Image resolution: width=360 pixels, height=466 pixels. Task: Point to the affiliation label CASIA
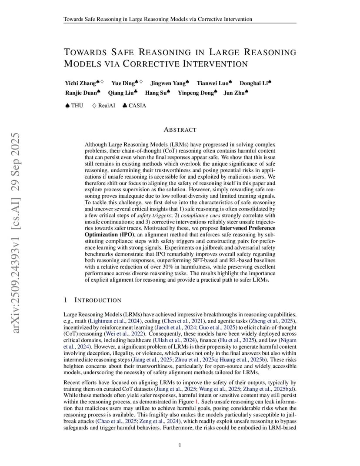tap(137, 105)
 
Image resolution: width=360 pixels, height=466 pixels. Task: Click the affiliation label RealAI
tap(107, 105)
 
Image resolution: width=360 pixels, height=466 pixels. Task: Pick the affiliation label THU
tap(77, 105)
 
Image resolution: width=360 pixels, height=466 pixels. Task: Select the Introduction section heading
tap(98, 300)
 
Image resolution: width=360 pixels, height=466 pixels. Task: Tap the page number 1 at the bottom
tap(180, 445)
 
